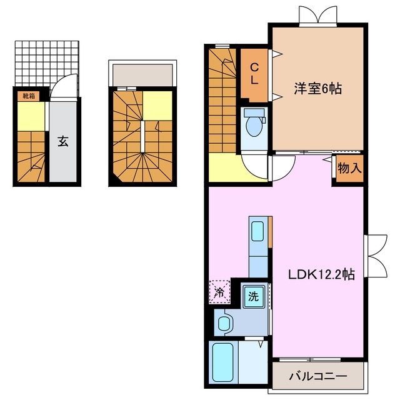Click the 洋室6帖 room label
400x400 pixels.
pyautogui.click(x=318, y=89)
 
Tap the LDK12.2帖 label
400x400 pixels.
pyautogui.click(x=322, y=274)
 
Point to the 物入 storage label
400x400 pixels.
pyautogui.click(x=348, y=168)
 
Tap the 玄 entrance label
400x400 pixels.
pyautogui.click(x=63, y=141)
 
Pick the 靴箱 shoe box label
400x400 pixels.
pyautogui.click(x=29, y=96)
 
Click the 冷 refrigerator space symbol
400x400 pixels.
pyautogui.click(x=219, y=291)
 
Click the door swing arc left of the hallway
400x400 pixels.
pyautogui.click(x=255, y=166)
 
